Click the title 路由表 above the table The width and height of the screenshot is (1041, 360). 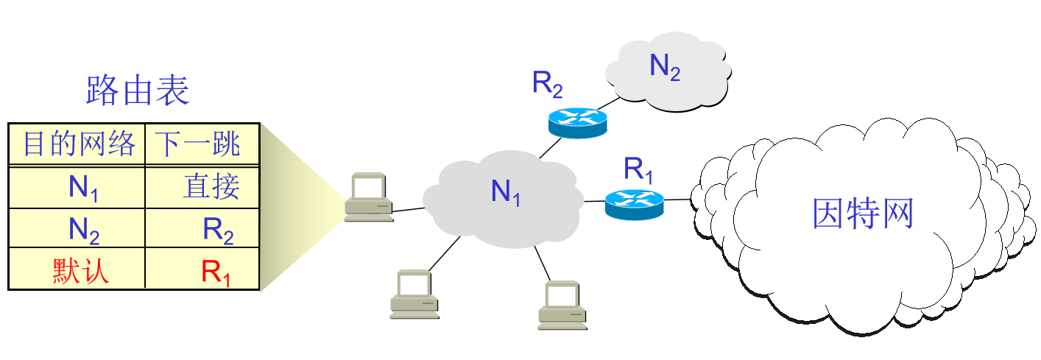point(138,90)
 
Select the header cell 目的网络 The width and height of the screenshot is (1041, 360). point(79,144)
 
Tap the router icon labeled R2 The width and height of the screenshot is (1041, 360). point(578,120)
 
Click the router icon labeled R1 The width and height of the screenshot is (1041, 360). point(634,202)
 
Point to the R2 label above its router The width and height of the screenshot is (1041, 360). point(548,84)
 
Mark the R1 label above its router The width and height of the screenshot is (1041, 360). point(639,169)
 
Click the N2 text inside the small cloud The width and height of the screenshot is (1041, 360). point(664,67)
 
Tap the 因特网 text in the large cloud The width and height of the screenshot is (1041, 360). point(862,213)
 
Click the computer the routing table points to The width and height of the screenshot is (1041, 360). point(367,197)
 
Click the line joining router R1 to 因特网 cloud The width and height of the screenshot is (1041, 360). point(678,199)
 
